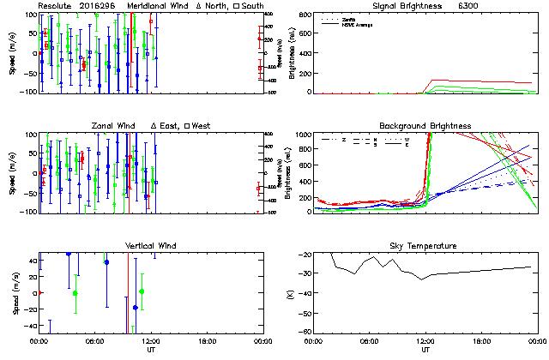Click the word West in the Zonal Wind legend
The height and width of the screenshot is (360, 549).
point(202,126)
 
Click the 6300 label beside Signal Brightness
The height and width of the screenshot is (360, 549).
point(468,5)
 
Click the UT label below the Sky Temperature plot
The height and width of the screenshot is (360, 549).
point(425,350)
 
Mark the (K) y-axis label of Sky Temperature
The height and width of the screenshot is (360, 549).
point(289,293)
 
